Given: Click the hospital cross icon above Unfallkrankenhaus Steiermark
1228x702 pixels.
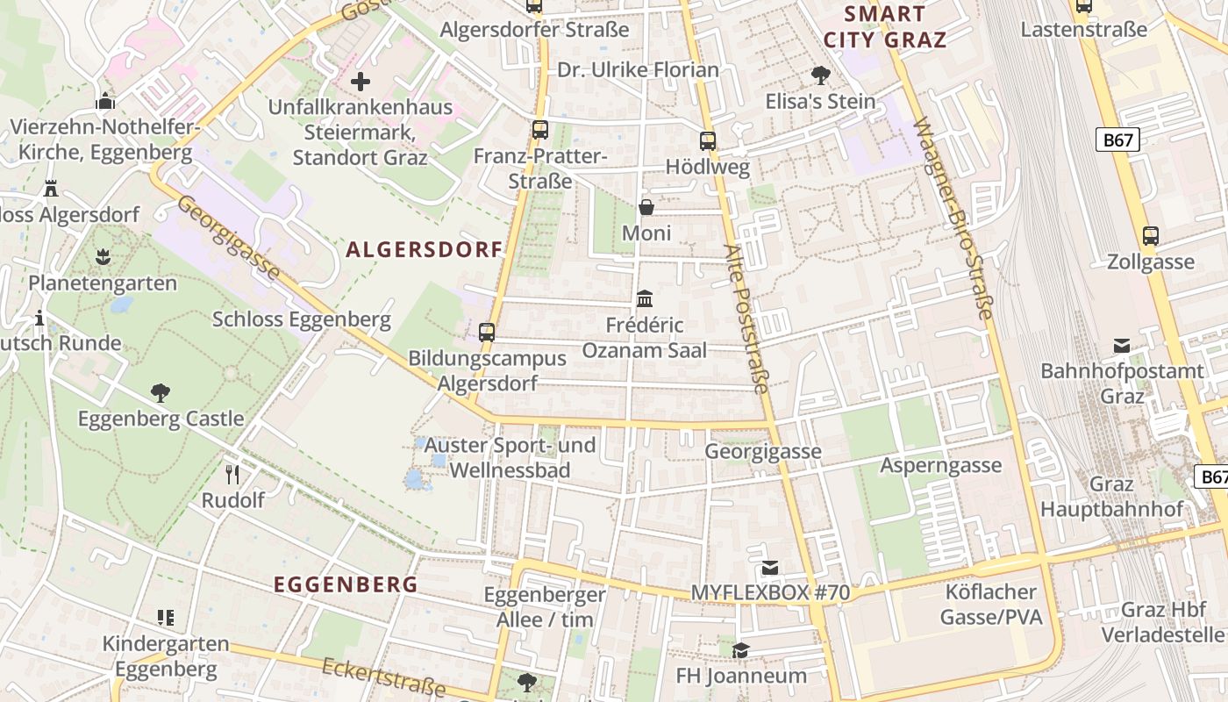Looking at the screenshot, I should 361,82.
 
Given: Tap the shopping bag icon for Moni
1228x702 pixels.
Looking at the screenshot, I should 646,207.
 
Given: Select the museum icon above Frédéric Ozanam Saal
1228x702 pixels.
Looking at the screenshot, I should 645,299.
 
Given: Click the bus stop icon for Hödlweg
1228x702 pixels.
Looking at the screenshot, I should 707,140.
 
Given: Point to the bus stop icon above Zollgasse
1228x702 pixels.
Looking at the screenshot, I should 1150,235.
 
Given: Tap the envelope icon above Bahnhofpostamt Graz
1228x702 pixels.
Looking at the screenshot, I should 1122,345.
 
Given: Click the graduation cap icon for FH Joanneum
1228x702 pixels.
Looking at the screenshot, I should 741,650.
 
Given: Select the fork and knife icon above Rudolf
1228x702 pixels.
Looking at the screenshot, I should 232,475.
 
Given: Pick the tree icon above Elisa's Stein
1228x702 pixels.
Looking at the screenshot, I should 821,75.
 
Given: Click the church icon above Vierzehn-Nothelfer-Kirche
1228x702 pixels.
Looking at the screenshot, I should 105,101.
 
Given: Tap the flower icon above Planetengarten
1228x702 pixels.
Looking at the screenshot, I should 103,257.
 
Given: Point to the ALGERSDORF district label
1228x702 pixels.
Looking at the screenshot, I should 425,250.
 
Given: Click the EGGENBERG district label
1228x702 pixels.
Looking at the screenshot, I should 346,584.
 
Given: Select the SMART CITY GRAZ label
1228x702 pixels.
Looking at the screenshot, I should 885,26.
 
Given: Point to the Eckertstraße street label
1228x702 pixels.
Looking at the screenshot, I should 384,678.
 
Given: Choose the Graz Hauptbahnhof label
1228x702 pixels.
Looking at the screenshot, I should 1111,497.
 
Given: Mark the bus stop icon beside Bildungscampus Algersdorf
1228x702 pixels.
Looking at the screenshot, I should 486,333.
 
